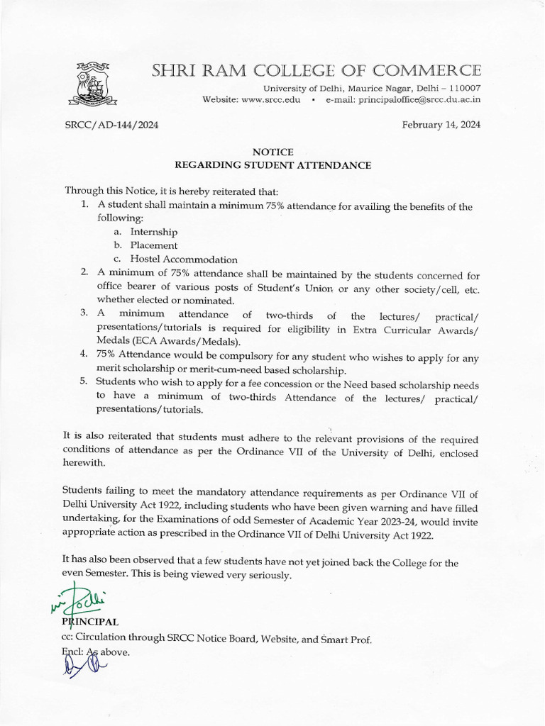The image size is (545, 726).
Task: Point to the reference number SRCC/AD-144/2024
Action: pos(111,125)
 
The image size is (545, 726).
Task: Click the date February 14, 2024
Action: pos(441,125)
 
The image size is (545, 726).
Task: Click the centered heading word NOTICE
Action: pos(272,152)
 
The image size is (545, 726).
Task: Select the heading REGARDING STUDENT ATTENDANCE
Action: pos(272,165)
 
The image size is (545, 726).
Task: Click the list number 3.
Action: pos(83,314)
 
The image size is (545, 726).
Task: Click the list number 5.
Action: pos(83,381)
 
